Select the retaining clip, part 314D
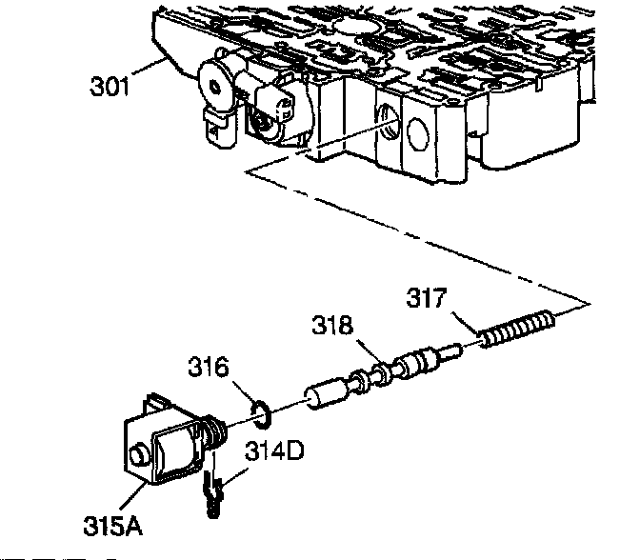click(210, 494)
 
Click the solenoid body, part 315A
click(167, 448)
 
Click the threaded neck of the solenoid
click(215, 434)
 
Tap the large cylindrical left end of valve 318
click(323, 394)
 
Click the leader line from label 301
click(151, 75)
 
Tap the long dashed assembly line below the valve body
click(419, 237)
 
